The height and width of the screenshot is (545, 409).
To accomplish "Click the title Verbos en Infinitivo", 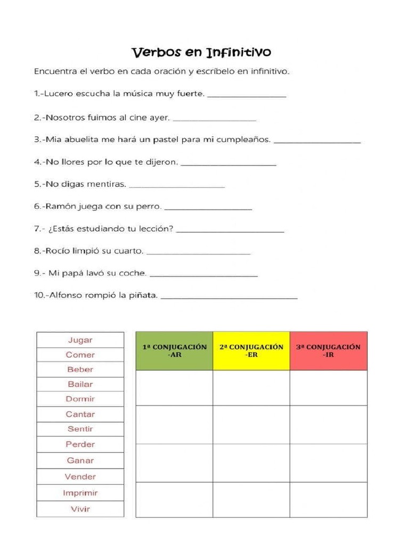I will point(201,52).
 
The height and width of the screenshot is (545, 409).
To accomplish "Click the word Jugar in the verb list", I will point(80,340).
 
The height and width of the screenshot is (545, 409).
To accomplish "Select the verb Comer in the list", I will point(80,354).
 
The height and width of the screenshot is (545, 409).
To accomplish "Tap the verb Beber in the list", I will point(80,369).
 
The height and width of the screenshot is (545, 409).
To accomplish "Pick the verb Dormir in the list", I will point(80,399).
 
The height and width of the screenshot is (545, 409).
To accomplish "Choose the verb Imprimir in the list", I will point(80,493).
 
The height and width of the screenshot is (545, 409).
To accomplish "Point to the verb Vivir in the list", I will point(80,509).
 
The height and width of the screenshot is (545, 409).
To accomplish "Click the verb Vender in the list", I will point(80,476).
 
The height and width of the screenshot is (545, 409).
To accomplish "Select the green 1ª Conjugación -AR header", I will point(174,351).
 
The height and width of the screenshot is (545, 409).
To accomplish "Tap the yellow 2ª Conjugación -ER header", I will point(251,351).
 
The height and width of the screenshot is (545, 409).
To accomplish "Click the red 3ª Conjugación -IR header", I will point(328,351).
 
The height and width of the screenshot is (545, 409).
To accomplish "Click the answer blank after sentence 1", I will point(247,95).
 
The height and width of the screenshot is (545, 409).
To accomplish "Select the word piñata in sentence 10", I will point(143,295).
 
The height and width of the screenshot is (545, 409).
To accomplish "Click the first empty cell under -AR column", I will point(174,387).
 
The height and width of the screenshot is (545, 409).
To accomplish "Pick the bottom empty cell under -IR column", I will point(328,499).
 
